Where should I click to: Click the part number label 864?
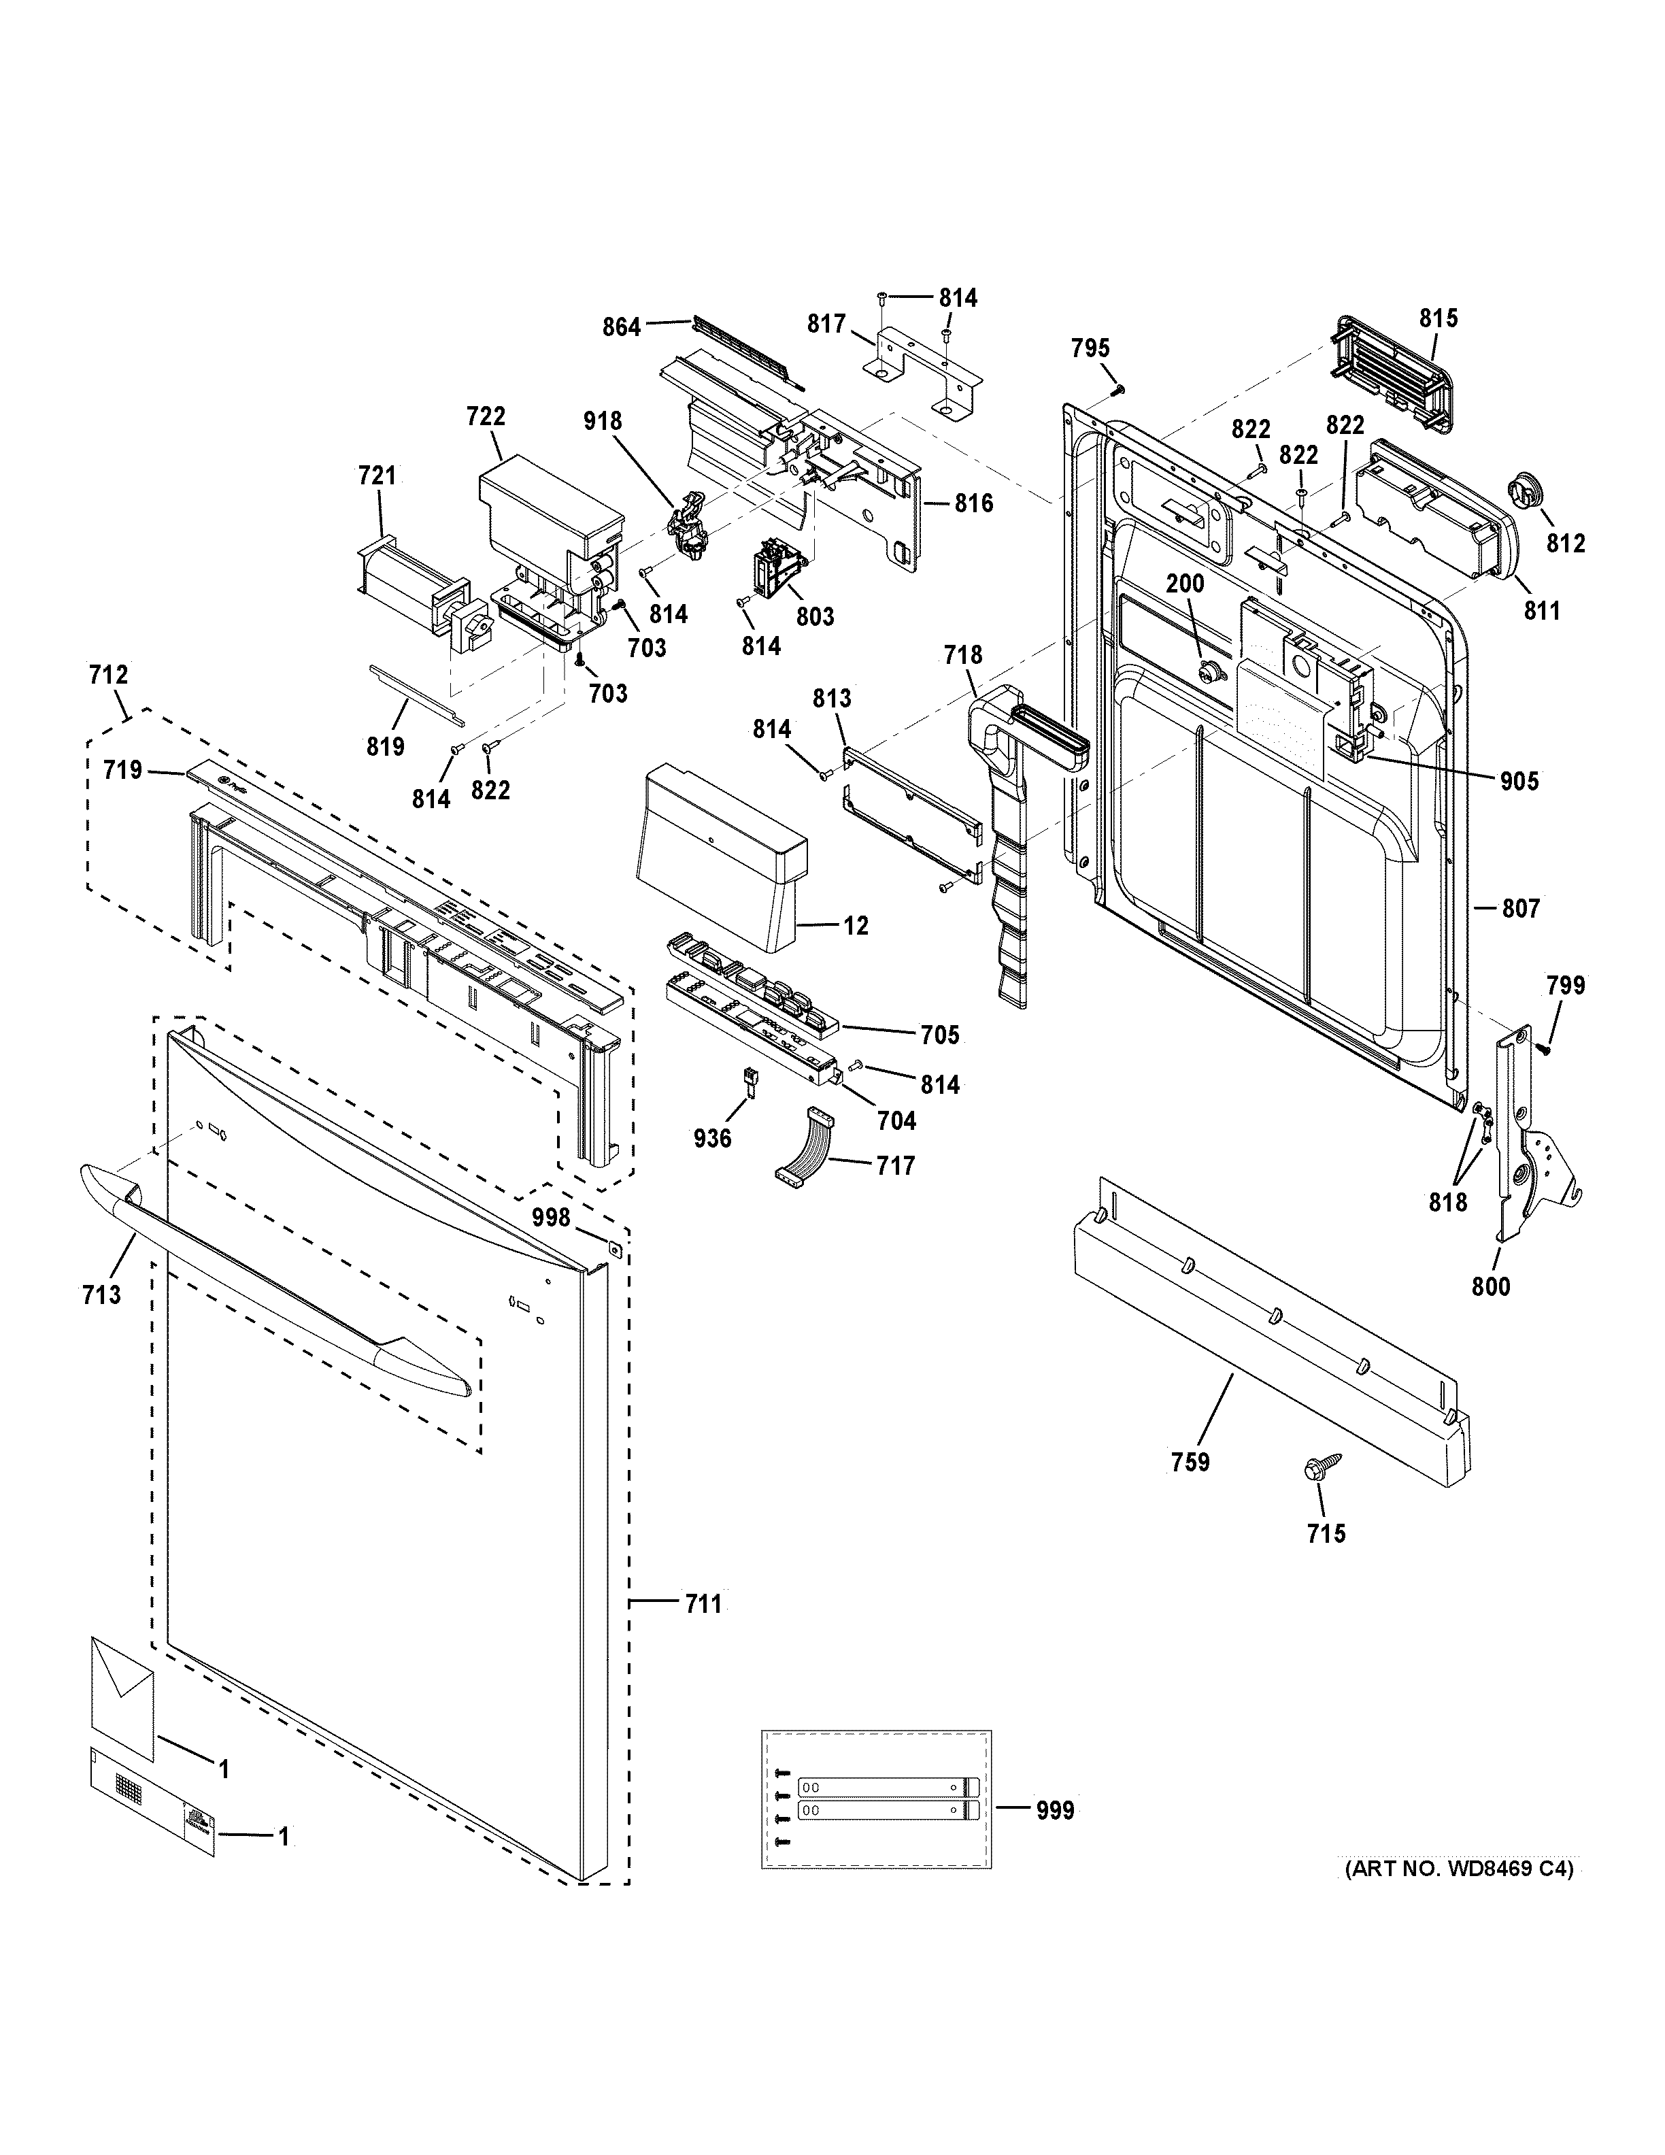622,327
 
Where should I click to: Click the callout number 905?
1518,782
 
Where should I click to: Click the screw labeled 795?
1117,390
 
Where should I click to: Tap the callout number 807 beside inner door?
1520,908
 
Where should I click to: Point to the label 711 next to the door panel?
703,1605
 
